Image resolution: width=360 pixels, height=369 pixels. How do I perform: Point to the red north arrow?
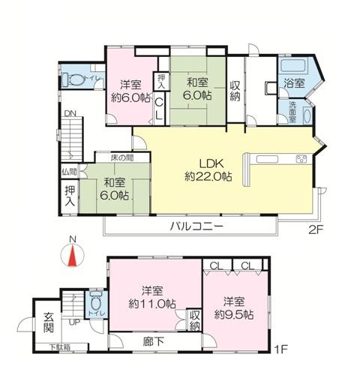(73, 256)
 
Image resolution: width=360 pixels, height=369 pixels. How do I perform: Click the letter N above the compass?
(73, 240)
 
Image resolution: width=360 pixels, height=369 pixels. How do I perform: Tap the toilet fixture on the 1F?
(96, 304)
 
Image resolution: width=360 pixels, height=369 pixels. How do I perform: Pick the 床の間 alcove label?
(122, 158)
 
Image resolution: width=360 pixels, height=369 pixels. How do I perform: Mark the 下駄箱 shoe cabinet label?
(60, 347)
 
